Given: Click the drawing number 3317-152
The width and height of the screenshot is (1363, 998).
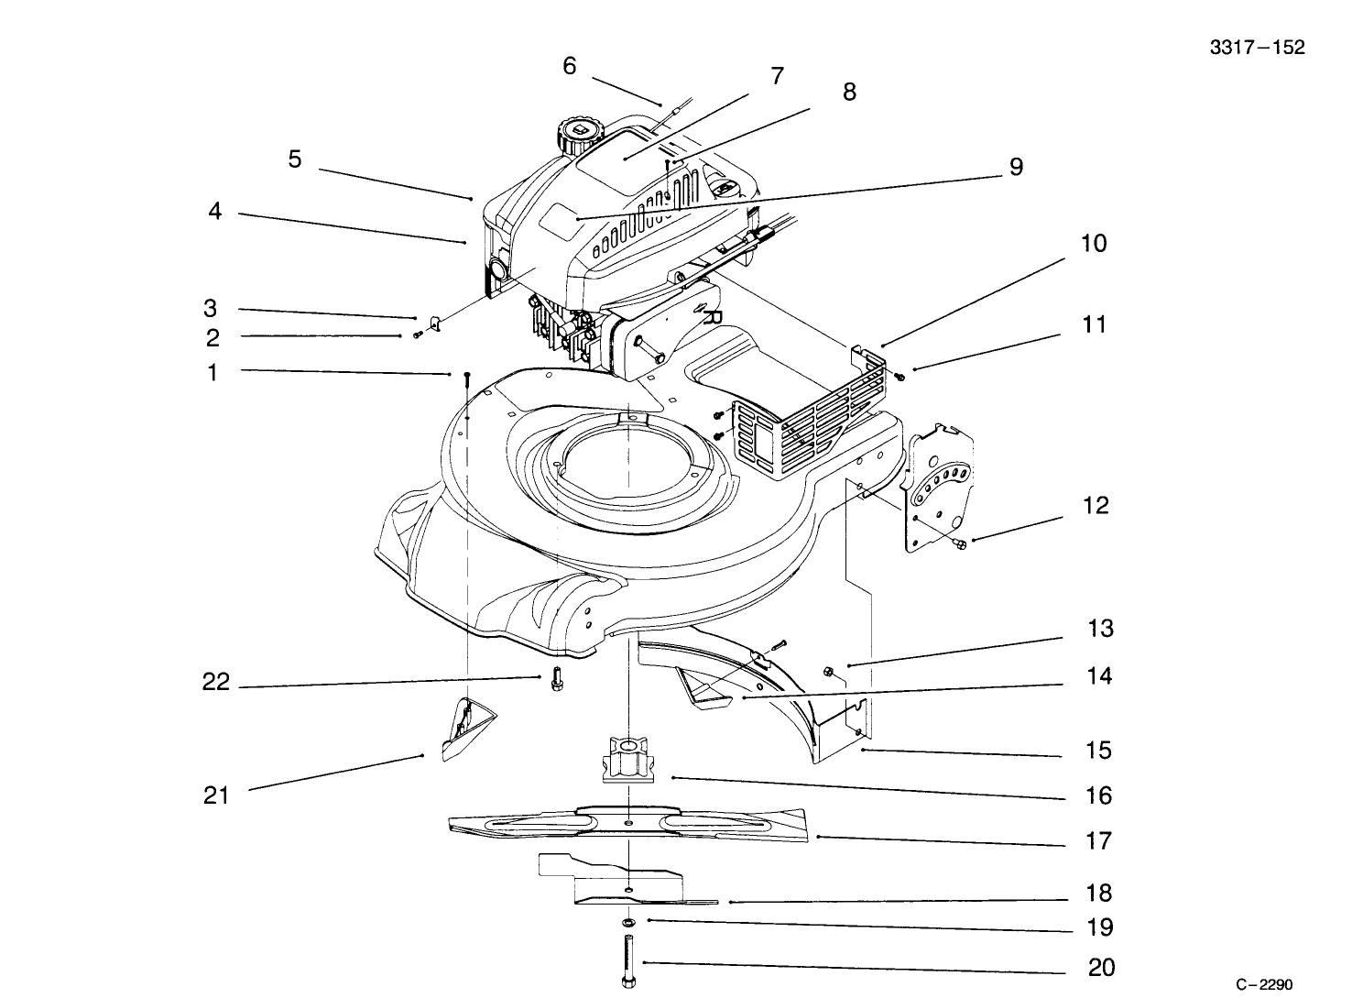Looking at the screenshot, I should click(x=1257, y=48).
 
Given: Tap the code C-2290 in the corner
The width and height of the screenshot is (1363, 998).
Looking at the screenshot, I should click(x=1263, y=984).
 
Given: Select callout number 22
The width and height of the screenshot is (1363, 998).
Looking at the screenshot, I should click(x=215, y=683).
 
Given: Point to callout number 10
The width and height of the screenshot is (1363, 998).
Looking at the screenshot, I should click(x=1094, y=244).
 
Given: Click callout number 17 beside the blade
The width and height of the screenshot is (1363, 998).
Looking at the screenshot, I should click(x=1098, y=840).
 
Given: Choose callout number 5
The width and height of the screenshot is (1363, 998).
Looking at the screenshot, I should click(x=294, y=159).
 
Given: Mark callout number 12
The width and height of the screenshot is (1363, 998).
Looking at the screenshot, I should click(x=1096, y=506).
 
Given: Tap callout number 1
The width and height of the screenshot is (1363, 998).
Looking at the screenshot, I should click(x=213, y=373).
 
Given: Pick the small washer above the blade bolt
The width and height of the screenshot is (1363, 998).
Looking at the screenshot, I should click(x=629, y=921).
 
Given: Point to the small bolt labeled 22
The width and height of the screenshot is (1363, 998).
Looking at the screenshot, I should click(x=556, y=680).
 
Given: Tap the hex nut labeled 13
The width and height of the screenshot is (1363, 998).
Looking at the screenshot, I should click(x=828, y=672).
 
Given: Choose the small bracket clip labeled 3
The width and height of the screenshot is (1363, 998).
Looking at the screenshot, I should click(x=435, y=324).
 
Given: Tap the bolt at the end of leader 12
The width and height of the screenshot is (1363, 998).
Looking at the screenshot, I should click(x=960, y=544).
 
